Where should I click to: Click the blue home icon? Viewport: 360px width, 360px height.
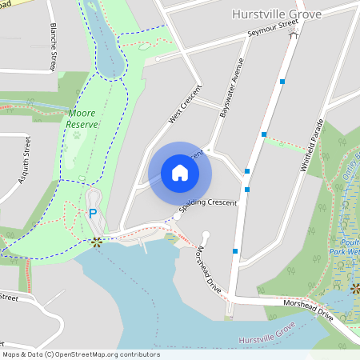pyautogui.click(x=180, y=173)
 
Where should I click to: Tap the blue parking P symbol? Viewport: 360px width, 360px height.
pyautogui.click(x=93, y=214)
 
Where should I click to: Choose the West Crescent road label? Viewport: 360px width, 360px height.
pyautogui.click(x=182, y=106)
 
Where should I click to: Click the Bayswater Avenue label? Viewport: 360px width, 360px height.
pyautogui.click(x=230, y=88)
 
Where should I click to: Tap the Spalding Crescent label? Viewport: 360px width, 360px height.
pyautogui.click(x=209, y=203)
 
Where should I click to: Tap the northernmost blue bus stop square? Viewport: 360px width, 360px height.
pyautogui.click(x=282, y=82)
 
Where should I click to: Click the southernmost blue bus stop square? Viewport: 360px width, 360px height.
pyautogui.click(x=235, y=250)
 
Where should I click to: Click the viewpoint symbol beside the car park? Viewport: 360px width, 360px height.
pyautogui.click(x=97, y=241)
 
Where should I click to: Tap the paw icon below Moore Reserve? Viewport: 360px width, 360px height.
pyautogui.click(x=78, y=135)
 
